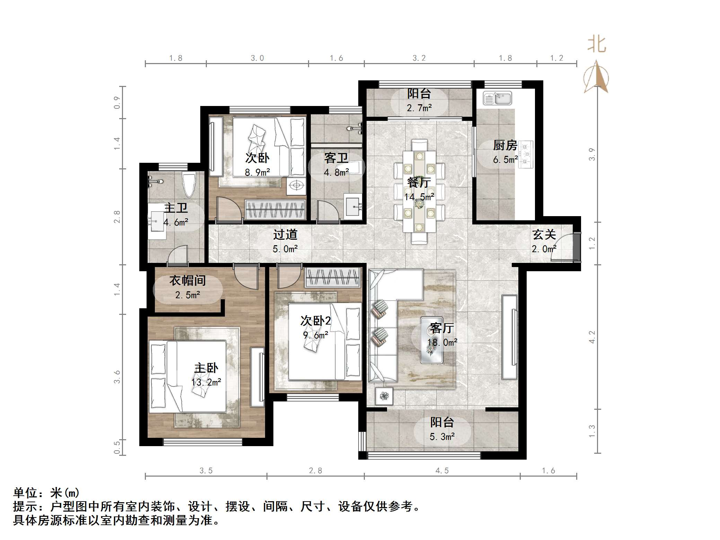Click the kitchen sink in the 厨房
497,98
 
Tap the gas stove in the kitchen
526,154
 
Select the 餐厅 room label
419,182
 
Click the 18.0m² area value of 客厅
442,343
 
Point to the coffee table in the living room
431,340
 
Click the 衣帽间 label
187,280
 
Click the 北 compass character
597,45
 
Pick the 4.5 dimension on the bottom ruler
442,470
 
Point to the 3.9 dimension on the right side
592,154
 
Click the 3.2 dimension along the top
419,58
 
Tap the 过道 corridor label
285,234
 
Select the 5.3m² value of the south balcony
442,437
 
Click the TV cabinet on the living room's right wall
509,337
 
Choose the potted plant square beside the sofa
384,396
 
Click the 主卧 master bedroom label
206,368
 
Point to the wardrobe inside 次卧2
332,277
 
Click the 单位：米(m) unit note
46,492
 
